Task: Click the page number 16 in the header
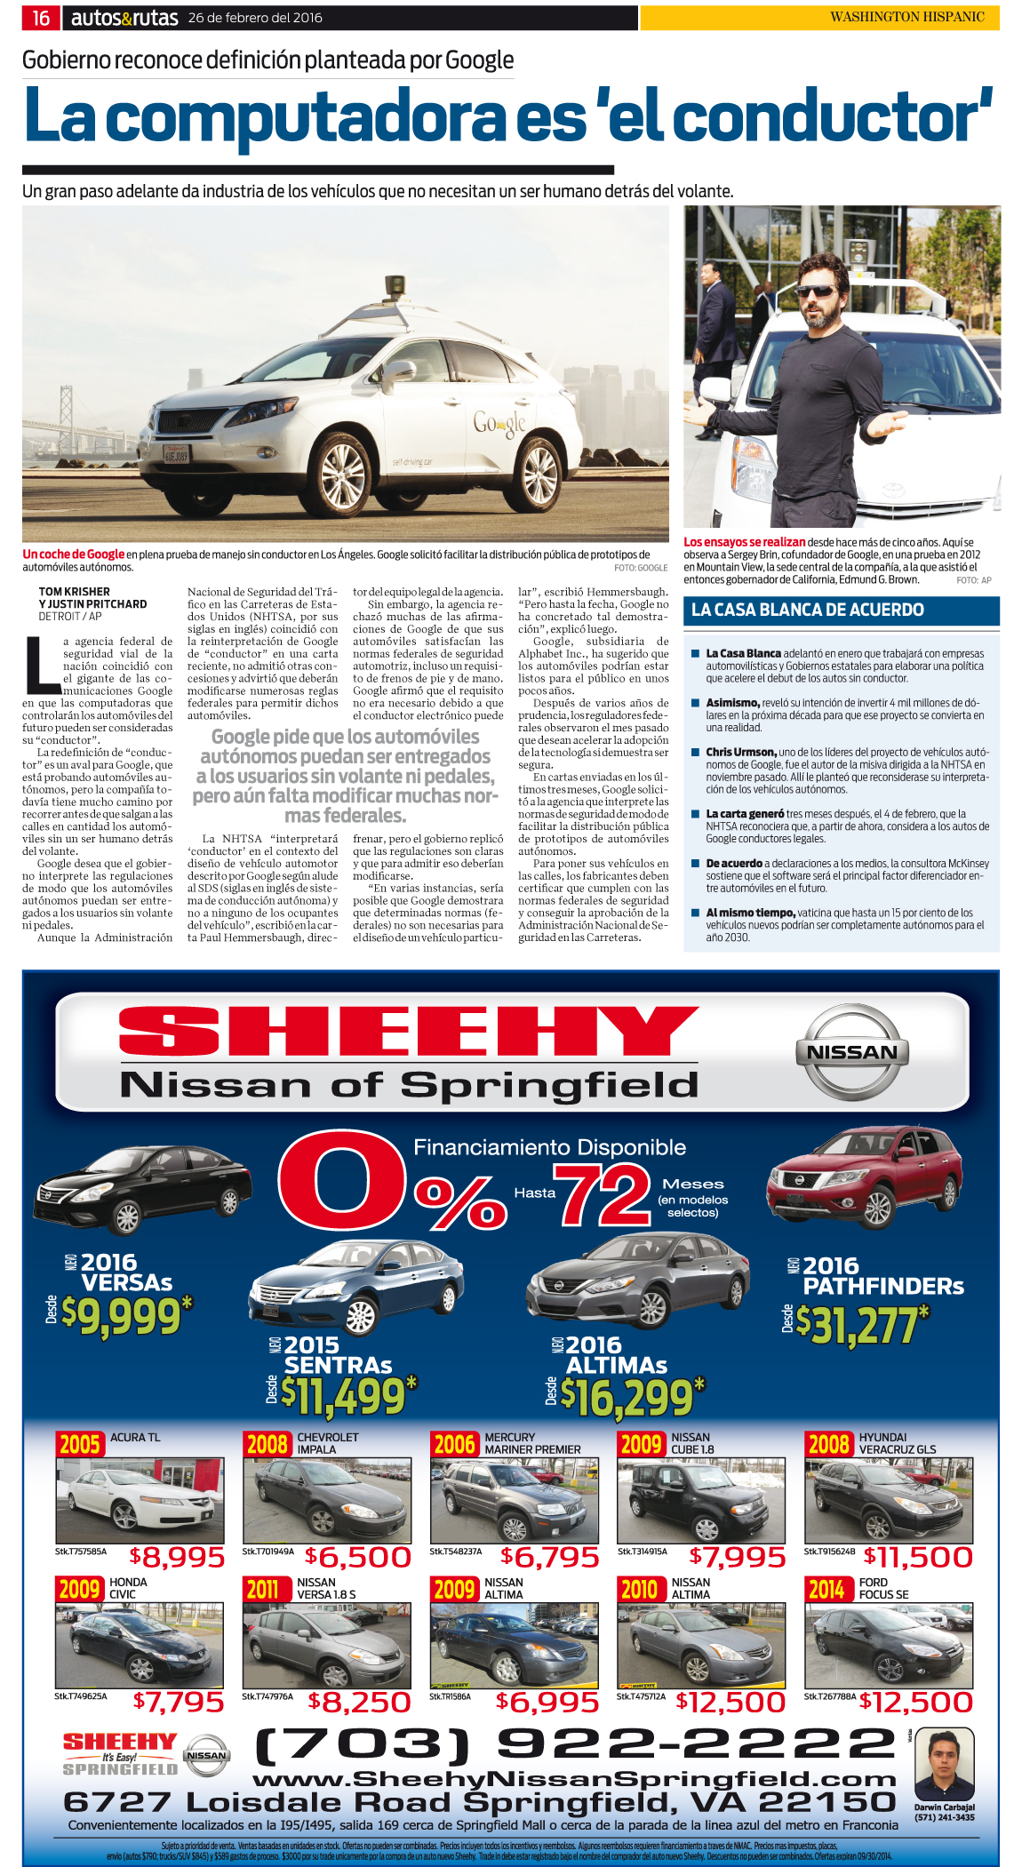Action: click(41, 18)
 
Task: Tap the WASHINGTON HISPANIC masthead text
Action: click(906, 17)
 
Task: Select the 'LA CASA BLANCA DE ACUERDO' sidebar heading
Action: click(807, 610)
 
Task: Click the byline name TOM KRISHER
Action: click(75, 592)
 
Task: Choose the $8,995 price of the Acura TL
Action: click(177, 1557)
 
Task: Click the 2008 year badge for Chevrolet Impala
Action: click(267, 1444)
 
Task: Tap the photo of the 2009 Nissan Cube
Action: click(700, 1500)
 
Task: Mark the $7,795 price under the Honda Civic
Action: click(178, 1702)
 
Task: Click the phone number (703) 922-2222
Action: click(574, 1744)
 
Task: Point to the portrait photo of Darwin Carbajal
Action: click(944, 1765)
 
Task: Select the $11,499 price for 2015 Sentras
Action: click(347, 1396)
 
